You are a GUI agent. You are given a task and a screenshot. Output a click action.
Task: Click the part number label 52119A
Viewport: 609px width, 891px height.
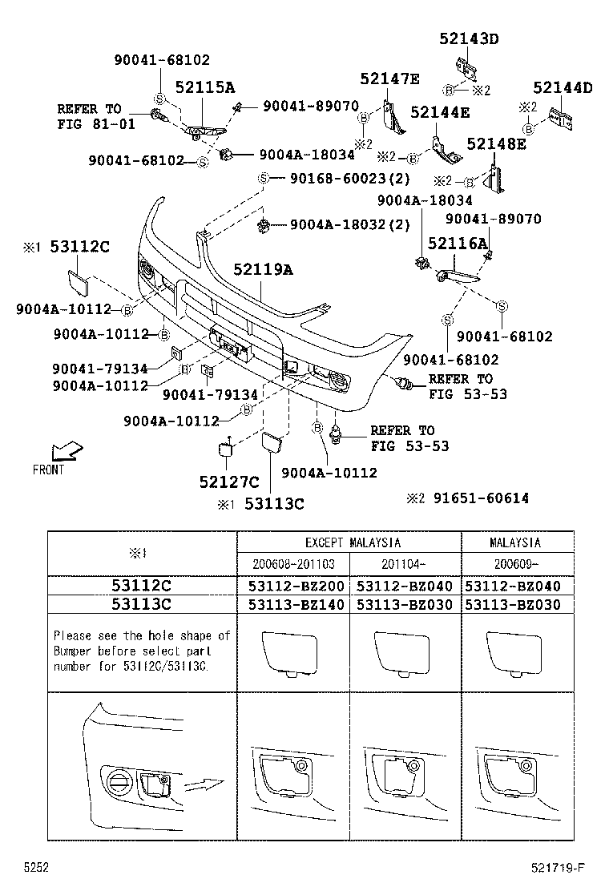point(263,270)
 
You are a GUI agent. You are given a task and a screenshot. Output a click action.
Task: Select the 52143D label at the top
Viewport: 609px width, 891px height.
point(468,38)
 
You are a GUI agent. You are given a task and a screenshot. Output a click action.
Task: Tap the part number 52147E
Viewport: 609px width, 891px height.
point(389,78)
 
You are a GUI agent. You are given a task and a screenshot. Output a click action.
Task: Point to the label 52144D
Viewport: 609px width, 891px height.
point(563,88)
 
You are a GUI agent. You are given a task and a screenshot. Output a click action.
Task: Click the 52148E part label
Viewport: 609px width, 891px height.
point(496,143)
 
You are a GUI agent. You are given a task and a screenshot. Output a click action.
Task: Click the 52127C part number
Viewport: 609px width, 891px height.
point(229,482)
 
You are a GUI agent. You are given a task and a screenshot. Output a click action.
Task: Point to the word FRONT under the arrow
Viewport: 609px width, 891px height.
point(48,470)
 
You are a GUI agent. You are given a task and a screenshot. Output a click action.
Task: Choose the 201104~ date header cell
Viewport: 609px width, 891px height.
point(405,564)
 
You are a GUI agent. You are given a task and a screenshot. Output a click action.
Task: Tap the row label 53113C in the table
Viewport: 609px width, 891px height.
point(141,605)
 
